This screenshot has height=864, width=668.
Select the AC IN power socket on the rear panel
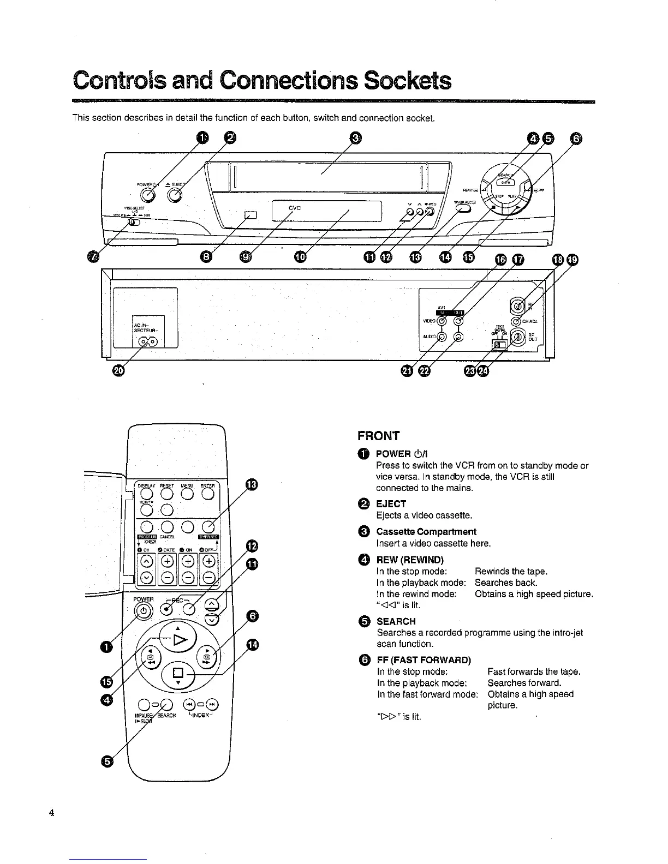[x=147, y=342]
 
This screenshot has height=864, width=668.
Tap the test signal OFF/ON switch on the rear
[x=498, y=344]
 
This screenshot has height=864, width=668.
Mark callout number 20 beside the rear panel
[x=118, y=371]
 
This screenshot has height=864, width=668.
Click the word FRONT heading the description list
[x=378, y=436]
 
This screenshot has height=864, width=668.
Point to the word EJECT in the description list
[x=391, y=503]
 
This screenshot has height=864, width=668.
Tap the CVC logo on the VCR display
[x=295, y=207]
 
